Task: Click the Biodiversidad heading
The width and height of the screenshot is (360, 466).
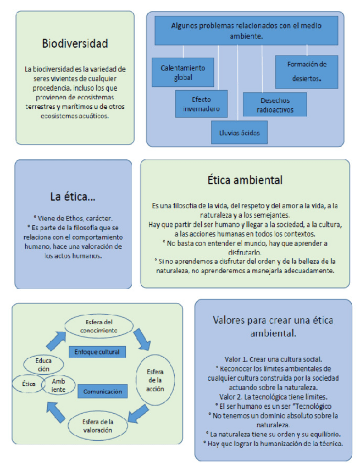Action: [x=75, y=43]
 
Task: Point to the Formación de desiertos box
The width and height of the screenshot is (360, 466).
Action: [x=306, y=71]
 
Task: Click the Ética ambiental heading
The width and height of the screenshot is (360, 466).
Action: [x=245, y=179]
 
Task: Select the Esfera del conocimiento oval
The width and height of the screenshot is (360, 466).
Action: [x=98, y=326]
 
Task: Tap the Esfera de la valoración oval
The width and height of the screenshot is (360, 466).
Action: [x=99, y=426]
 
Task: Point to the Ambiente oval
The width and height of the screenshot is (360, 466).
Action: [x=59, y=385]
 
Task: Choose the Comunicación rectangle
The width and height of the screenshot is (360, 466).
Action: [x=102, y=391]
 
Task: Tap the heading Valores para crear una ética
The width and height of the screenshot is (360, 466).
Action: [x=273, y=326]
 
